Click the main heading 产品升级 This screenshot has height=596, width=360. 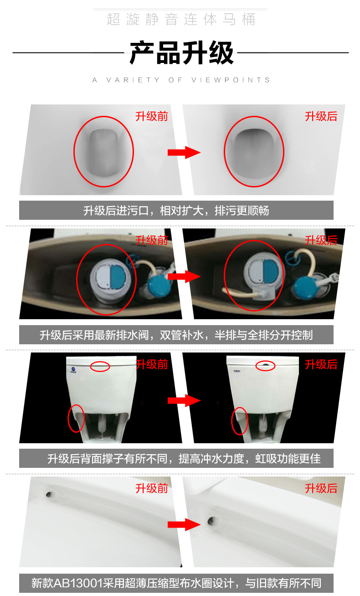182,53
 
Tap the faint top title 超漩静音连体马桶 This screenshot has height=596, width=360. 181,19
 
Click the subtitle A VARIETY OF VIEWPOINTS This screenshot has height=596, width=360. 181,80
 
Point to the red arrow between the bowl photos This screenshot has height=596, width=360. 184,152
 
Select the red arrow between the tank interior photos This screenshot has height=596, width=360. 184,276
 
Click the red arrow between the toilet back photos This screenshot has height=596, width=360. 184,400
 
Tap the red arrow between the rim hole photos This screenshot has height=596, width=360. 184,524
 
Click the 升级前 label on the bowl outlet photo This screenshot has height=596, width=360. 152,116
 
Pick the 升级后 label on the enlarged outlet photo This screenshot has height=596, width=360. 321,116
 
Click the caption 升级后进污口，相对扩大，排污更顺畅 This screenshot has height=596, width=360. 176,211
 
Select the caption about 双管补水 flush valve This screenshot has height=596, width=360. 176,335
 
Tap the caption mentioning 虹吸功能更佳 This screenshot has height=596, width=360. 184,459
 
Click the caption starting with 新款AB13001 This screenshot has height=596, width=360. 176,583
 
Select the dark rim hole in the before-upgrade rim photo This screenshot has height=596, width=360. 49,494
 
